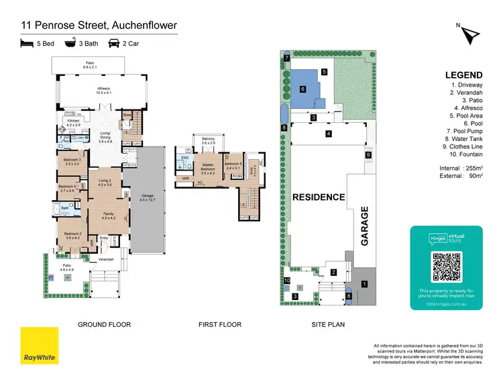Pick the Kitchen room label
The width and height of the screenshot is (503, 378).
point(73,124)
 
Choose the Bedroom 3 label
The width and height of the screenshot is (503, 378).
point(72,162)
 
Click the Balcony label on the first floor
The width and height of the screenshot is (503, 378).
point(209,141)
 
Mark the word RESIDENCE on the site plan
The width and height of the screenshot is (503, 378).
point(319,197)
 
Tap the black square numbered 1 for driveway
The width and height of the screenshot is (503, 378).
point(364,284)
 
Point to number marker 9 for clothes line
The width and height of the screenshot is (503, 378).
point(368,155)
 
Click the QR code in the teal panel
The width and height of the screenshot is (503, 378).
point(447,267)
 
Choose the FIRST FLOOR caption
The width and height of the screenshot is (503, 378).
point(219,324)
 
